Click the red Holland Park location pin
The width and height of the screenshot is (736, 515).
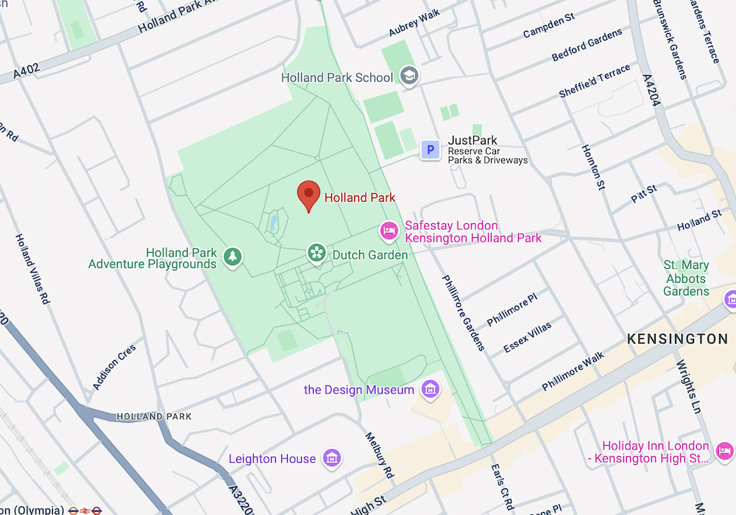308,195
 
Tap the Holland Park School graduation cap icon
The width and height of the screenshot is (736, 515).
408,75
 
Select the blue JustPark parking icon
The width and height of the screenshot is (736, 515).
430,150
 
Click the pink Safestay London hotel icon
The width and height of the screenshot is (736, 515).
389,231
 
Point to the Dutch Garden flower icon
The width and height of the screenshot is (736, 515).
316,253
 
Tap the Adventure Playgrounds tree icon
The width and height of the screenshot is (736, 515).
233,256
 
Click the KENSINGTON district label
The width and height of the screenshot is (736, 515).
677,339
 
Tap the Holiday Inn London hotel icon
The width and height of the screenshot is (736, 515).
724,451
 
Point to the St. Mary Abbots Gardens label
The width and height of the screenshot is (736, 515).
686,278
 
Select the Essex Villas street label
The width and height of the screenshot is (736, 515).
527,337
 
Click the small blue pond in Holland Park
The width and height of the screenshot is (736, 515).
274,221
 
